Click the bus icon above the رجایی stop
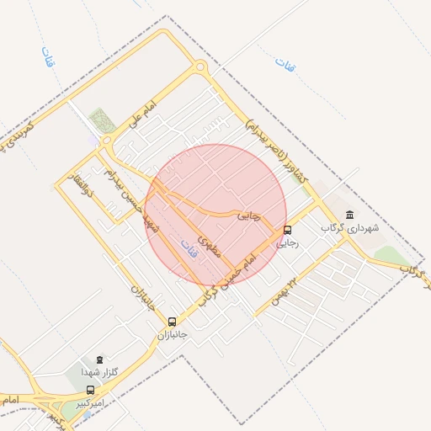tap(289, 230)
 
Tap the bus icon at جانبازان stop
tap(173, 322)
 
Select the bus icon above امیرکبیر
tap(91, 390)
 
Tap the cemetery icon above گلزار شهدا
tap(99, 359)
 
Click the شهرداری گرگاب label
tap(349, 228)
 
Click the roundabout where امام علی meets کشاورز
tap(200, 68)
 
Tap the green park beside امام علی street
tap(103, 120)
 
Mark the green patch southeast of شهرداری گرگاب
tap(387, 254)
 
